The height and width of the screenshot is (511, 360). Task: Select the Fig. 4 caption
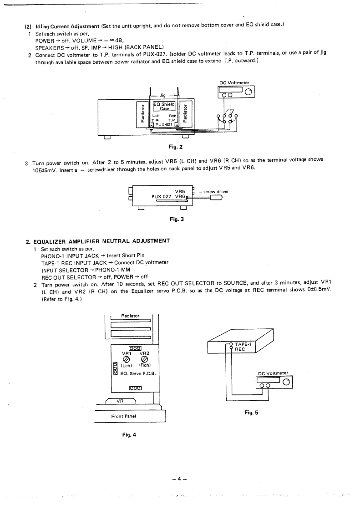tap(129, 434)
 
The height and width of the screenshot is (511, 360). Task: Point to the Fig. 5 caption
tap(251, 412)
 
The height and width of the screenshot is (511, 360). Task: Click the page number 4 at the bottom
tap(180, 479)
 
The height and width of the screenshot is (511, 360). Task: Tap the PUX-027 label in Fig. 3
tap(162, 197)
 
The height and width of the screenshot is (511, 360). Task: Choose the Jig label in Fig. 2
tap(162, 95)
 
